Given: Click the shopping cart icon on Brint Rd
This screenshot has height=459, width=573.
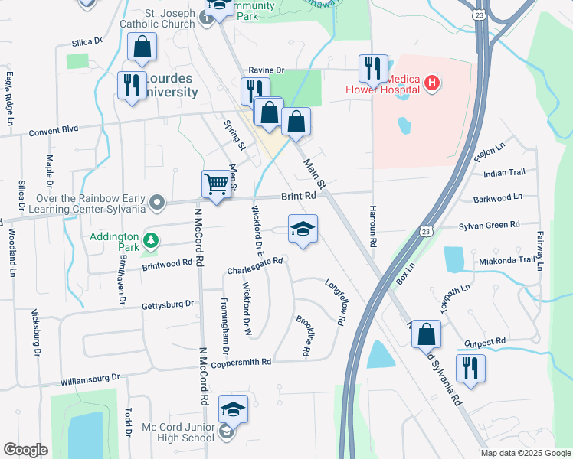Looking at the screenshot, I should tap(217, 184).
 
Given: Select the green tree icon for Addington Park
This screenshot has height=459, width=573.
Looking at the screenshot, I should tap(152, 240).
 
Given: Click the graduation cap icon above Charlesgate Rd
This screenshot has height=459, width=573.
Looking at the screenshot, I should tap(303, 229).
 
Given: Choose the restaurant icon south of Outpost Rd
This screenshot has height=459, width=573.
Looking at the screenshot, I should tap(470, 369).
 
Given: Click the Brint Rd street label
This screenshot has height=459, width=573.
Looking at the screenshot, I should tap(298, 197).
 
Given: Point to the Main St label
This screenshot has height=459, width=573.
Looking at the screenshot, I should tap(315, 175).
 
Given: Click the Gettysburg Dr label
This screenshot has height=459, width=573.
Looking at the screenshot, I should tap(168, 304).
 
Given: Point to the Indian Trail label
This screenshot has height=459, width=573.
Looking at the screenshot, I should tap(504, 174).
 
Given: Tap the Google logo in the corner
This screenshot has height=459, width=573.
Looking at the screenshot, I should tap(25, 450).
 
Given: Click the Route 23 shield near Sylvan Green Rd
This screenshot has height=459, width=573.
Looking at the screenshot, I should tap(427, 230).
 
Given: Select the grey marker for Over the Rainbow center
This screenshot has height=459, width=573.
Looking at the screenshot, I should tap(157, 203).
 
